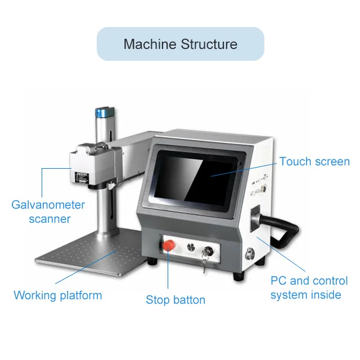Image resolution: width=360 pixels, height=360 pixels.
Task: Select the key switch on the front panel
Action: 209,247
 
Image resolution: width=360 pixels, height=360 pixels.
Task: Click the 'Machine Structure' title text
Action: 180,44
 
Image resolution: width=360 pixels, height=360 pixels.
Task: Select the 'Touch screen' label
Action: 314,161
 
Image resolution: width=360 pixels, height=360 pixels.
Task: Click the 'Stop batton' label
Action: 175,300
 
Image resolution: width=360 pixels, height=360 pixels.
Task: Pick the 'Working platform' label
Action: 58,295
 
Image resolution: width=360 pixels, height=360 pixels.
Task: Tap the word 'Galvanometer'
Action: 48,204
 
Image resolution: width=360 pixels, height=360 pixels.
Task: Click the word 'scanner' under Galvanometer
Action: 49,219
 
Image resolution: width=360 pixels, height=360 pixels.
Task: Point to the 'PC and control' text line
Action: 309,280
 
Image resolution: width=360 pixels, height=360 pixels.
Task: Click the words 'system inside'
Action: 305,295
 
